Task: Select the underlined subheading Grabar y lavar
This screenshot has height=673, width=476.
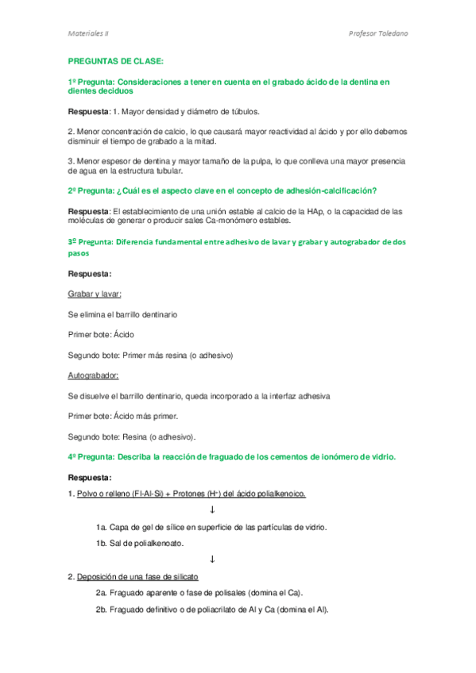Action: [x=95, y=294]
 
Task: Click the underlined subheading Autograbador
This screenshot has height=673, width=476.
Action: [x=93, y=375]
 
